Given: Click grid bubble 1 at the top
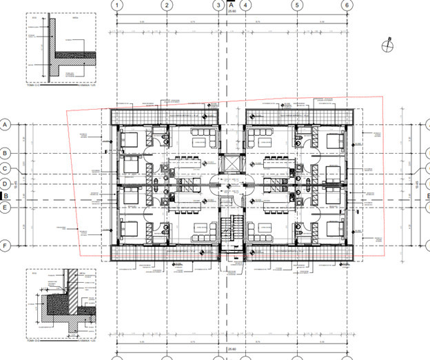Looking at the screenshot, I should [118, 5].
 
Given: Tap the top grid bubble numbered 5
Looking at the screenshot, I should [296, 5].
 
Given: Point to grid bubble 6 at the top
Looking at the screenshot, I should [346, 5].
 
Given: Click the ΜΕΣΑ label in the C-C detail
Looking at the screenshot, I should [74, 20].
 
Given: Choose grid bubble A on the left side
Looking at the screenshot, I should [6, 125].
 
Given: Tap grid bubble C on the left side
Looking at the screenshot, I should [6, 168].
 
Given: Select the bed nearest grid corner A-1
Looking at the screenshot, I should [130, 140].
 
